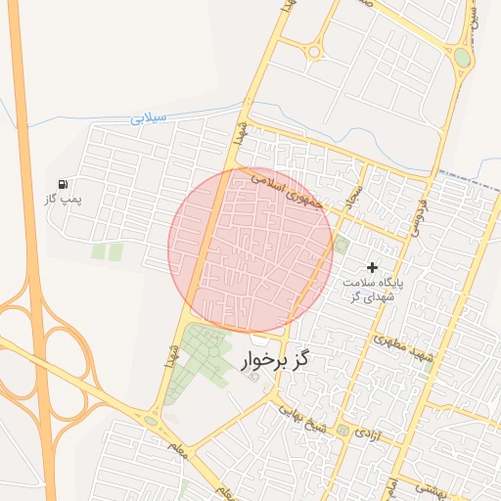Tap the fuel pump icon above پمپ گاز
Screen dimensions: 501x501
pyautogui.click(x=64, y=184)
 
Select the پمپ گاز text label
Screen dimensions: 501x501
pyautogui.click(x=63, y=199)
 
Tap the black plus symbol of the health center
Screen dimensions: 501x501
pyautogui.click(x=372, y=267)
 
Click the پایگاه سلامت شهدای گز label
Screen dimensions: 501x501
pyautogui.click(x=371, y=289)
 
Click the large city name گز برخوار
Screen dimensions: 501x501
pyautogui.click(x=274, y=362)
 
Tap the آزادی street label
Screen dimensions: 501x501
pyautogui.click(x=363, y=432)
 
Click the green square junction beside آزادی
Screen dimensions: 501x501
pyautogui.click(x=342, y=431)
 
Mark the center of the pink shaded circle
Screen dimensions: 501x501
pyautogui.click(x=250, y=250)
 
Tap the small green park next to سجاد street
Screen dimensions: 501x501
pyautogui.click(x=341, y=244)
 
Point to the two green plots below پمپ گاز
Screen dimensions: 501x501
pyautogui.click(x=108, y=252)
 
